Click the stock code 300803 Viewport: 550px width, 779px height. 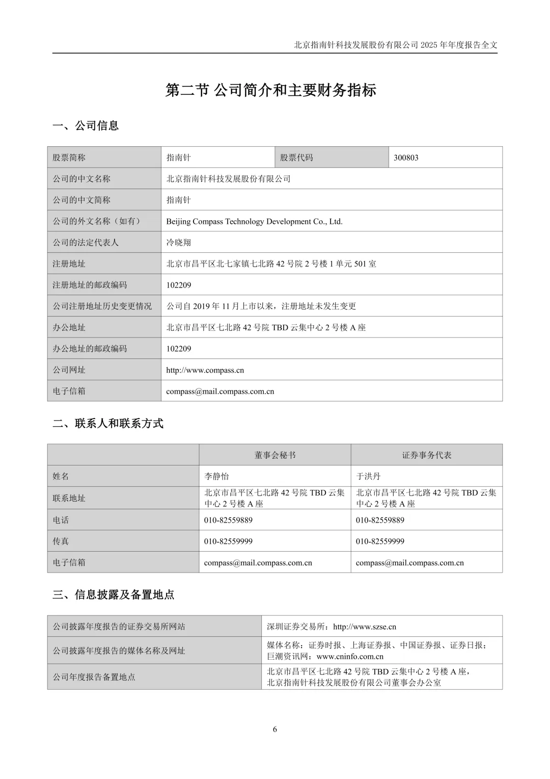pos(406,158)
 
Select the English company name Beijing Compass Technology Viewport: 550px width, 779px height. pos(254,221)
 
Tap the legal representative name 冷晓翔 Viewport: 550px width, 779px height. pos(179,243)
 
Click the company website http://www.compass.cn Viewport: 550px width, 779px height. pos(205,370)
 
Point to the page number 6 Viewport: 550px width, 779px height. pos(275,729)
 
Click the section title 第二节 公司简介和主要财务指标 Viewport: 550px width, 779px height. pos(271,90)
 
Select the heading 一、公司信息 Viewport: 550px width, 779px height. pos(86,125)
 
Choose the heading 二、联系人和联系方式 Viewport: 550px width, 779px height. pos(108,424)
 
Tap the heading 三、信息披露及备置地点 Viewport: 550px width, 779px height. pos(114,594)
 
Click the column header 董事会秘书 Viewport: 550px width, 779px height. pos(274,455)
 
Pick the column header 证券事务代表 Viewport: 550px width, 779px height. pos(426,455)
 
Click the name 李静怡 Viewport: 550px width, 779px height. pos(216,476)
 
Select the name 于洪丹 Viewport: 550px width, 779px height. pos(368,476)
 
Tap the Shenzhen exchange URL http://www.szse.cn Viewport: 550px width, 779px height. pos(364,627)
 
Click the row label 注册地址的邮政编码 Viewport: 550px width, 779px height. pos(90,285)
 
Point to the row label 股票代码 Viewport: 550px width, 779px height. pos(296,158)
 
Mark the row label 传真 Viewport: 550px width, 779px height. pos(61,541)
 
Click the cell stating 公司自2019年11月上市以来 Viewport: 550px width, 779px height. pos(261,306)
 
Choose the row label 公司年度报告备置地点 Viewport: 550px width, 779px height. pos(94,677)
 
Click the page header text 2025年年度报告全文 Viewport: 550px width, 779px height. pos(459,45)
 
